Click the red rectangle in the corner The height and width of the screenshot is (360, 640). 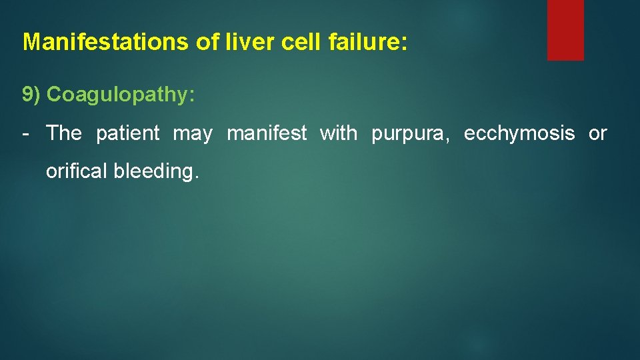point(565,29)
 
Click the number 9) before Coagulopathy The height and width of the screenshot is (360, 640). point(31,95)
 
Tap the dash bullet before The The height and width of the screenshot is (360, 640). point(25,133)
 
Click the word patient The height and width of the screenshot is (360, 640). point(128,133)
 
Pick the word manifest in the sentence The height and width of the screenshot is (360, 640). point(267,133)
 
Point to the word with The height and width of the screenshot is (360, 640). point(339,133)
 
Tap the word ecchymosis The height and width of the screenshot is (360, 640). point(519,133)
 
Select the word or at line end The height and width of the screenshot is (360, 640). point(598,134)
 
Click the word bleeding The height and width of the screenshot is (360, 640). point(155,171)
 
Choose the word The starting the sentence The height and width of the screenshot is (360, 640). point(64,133)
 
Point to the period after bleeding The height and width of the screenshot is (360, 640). point(197,177)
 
